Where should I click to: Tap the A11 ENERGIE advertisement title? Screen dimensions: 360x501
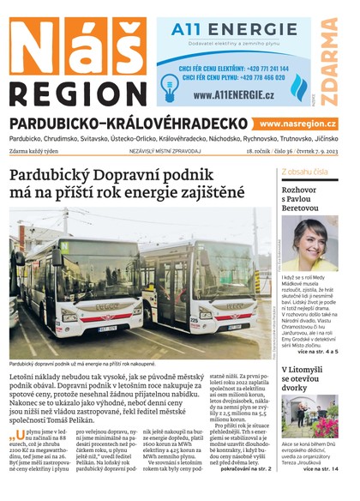(x=221, y=29)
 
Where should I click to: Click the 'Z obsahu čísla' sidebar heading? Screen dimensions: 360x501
(x=305, y=172)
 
